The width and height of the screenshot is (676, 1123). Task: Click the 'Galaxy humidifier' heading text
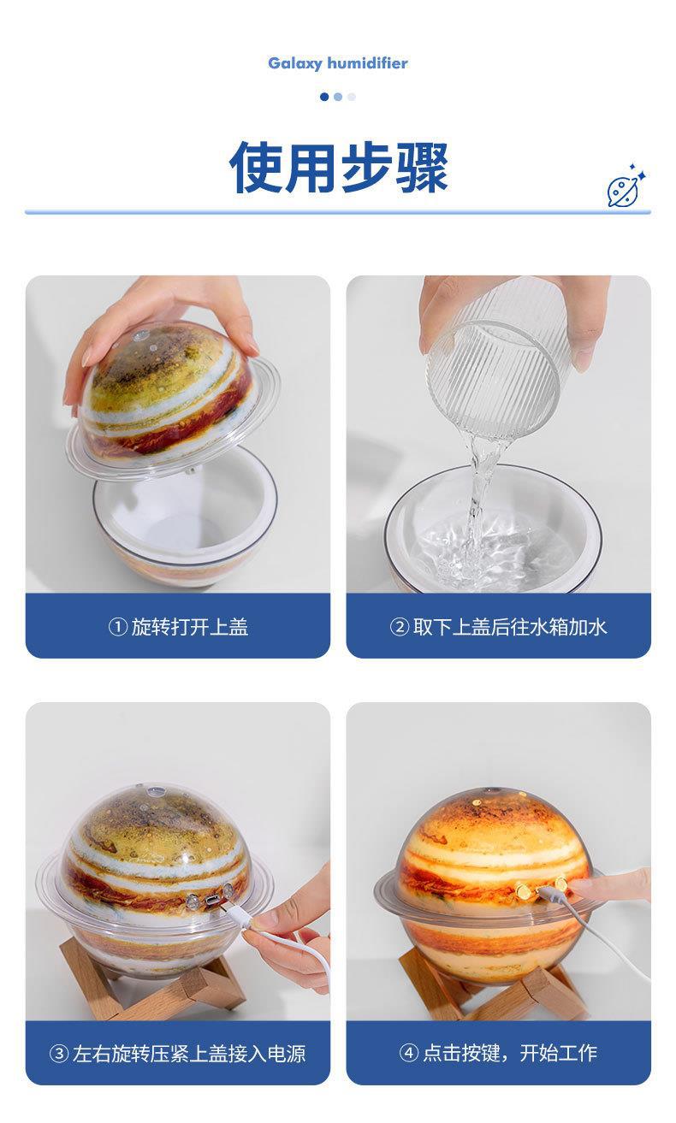point(338,63)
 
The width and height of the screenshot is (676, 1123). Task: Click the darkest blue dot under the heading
point(324,97)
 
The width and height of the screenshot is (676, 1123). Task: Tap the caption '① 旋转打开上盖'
point(178,627)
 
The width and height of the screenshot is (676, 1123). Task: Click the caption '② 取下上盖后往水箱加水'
point(498,627)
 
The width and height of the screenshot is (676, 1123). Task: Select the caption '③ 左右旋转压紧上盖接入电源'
point(178,1053)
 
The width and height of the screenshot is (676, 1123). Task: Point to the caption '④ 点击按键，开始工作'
point(498,1053)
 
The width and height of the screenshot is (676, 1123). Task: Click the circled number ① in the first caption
point(117,627)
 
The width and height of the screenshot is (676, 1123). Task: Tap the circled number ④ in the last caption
point(409,1053)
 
